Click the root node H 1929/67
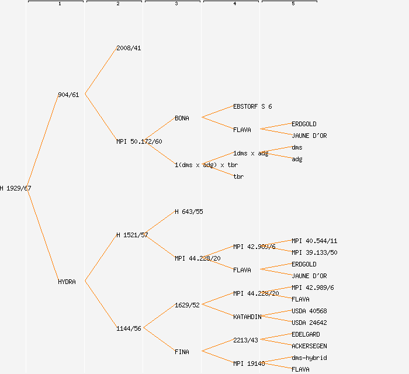[16, 188]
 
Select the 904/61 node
[68, 95]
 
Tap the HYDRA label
[67, 282]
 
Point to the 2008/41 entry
[129, 48]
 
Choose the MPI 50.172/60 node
[139, 141]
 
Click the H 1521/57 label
[132, 235]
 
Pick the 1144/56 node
[129, 328]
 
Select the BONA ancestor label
[182, 118]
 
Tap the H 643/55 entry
[189, 212]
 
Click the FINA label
[182, 352]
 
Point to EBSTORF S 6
[252, 106]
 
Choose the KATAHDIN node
[247, 317]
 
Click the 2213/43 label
[245, 340]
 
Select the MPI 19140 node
[249, 363]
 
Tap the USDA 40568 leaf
[309, 311]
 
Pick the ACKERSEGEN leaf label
[309, 346]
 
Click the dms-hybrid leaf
[309, 358]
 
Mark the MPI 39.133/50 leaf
[314, 252]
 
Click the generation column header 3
[176, 4]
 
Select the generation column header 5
[293, 4]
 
